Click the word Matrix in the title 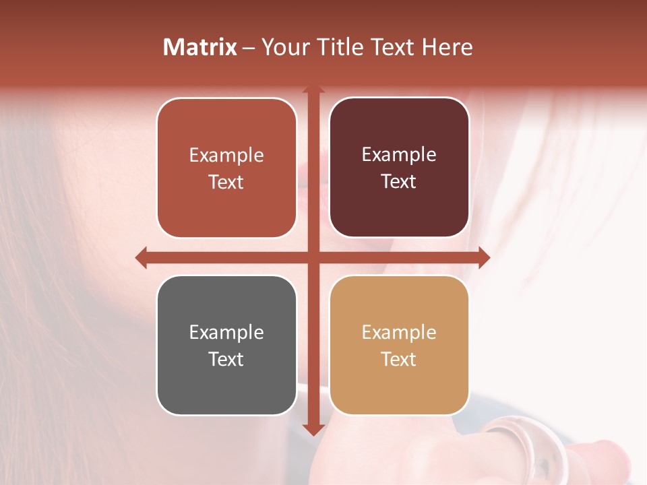point(199,47)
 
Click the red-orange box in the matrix point(226,168)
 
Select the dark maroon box point(399,168)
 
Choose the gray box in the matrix point(226,345)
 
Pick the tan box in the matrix point(399,345)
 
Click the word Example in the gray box point(226,332)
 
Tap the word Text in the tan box point(399,359)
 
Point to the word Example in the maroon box point(399,155)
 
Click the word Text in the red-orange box point(226,182)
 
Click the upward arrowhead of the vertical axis point(313,89)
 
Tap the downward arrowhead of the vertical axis point(313,430)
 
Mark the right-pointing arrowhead point(484,257)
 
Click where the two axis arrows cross point(313,257)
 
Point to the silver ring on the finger point(532,445)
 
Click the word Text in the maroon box point(399,182)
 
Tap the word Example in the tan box point(399,332)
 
